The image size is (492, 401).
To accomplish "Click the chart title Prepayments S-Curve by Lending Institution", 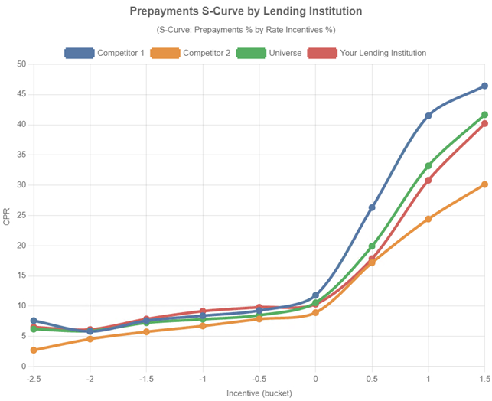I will [x=246, y=11].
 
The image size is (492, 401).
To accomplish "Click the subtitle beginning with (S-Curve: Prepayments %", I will [x=246, y=30].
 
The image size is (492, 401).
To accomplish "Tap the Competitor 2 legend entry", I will [x=191, y=53].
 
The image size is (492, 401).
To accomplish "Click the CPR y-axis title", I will [x=7, y=216].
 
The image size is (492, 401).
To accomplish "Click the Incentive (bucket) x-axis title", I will [x=259, y=393].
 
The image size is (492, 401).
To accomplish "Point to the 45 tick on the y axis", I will [x=21, y=94].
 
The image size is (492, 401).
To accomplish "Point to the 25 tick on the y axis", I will [x=21, y=215].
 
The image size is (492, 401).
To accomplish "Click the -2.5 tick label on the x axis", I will [x=34, y=378].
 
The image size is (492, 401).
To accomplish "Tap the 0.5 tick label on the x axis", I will [x=372, y=378].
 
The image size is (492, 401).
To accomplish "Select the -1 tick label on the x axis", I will [x=203, y=378].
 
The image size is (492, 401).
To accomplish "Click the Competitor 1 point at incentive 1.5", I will [x=484, y=86].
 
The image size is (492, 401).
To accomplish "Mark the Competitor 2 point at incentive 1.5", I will [x=484, y=184].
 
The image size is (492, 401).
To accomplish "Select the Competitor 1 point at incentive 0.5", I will [x=372, y=207].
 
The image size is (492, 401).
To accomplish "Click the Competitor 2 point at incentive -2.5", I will [x=34, y=350].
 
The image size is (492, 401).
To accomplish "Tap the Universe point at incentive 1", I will [x=428, y=166].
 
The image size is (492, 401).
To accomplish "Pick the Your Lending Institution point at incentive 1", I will [x=428, y=180].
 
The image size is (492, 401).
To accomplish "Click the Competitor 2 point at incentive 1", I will [x=428, y=219].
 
